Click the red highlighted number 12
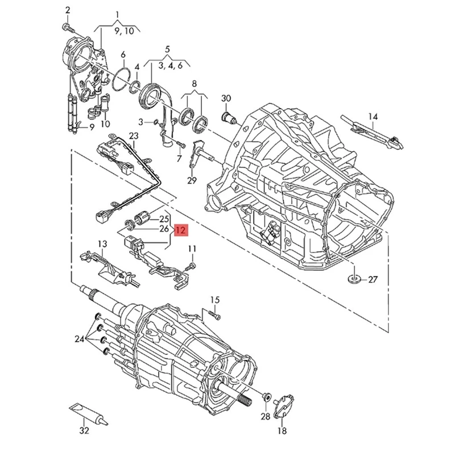[180, 230]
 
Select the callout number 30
[226, 98]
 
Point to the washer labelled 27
[354, 279]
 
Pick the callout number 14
[373, 117]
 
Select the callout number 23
[134, 136]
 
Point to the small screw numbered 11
[195, 264]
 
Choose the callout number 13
[102, 244]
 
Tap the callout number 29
[192, 180]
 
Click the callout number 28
[266, 417]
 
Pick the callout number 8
[194, 83]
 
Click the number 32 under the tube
[84, 431]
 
